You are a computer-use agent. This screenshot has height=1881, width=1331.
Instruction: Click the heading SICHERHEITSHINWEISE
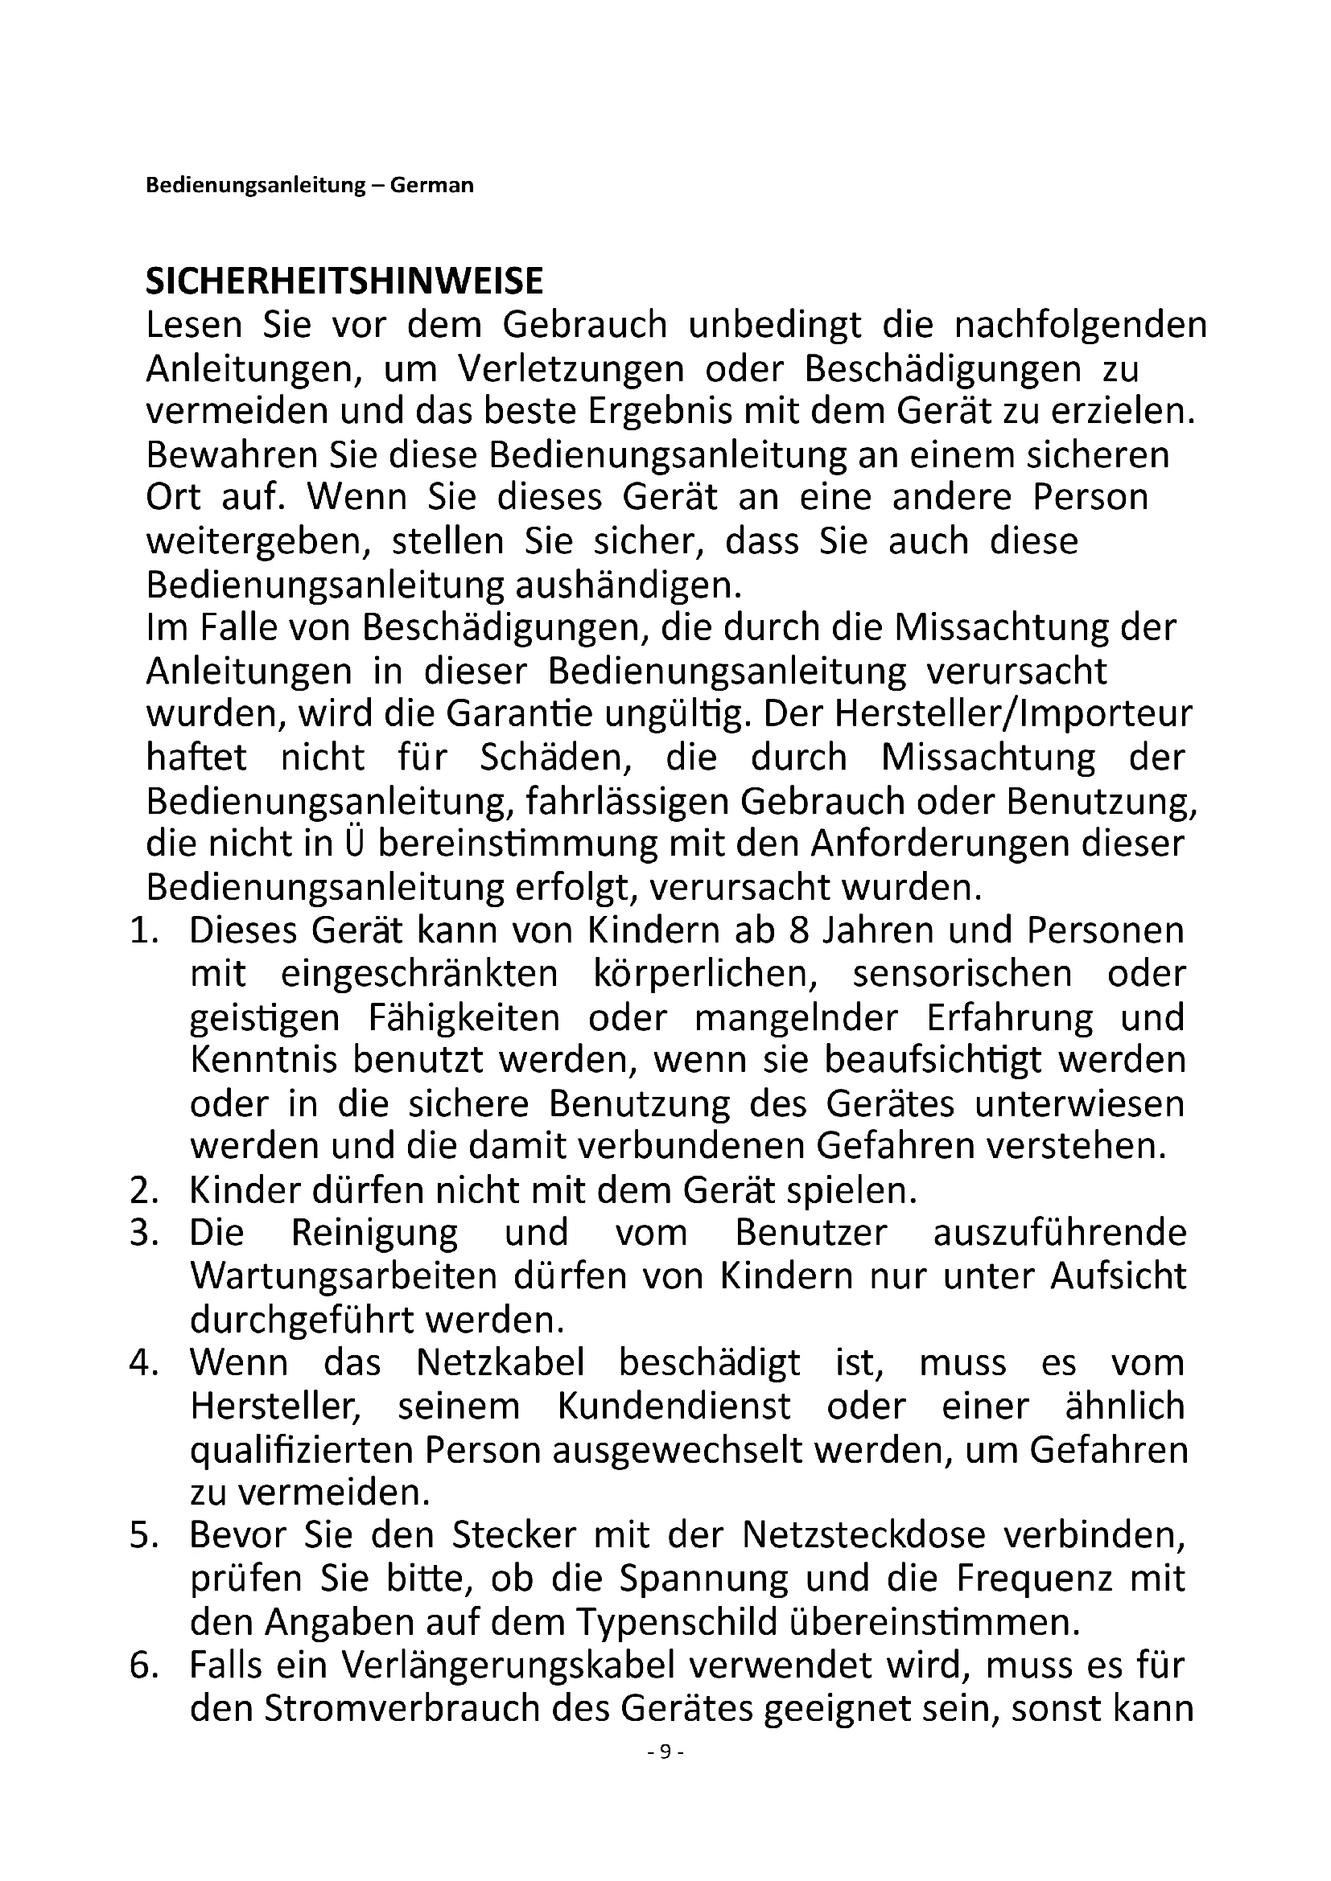344,281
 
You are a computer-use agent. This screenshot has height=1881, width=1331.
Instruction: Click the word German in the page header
432,186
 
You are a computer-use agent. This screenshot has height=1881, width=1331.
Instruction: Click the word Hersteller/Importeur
1013,714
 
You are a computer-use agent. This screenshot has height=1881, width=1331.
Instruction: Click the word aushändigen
627,585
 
